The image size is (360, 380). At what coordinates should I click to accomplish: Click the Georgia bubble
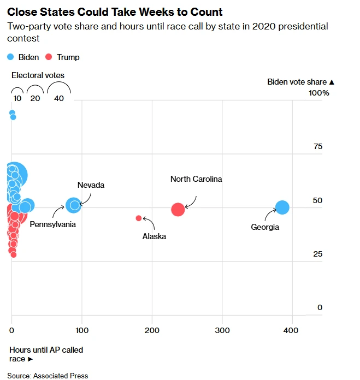click(282, 207)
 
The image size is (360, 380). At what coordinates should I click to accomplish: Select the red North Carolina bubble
click(178, 209)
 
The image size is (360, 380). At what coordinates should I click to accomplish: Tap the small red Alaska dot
click(139, 218)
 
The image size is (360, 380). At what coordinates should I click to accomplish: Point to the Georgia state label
click(265, 227)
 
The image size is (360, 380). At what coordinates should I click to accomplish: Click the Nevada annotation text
click(91, 185)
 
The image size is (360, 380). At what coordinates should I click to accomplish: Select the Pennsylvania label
click(52, 224)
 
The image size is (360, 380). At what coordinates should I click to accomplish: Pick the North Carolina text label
click(196, 179)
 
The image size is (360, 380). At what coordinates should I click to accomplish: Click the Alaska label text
click(154, 236)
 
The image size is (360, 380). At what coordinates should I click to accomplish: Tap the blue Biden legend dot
click(10, 57)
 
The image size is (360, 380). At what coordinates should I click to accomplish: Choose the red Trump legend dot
click(49, 57)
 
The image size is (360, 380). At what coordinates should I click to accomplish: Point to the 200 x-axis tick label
click(152, 330)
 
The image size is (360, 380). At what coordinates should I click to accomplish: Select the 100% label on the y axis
click(319, 93)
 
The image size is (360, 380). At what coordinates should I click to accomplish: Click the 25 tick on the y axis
click(317, 254)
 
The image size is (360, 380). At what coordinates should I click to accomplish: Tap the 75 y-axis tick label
click(317, 146)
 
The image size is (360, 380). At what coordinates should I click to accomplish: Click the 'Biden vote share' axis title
click(300, 82)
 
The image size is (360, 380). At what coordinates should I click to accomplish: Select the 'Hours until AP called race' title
click(46, 354)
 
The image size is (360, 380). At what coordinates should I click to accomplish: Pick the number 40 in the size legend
click(59, 98)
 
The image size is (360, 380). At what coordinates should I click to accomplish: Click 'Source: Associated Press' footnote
click(48, 376)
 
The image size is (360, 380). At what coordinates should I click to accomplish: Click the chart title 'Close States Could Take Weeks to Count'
click(115, 12)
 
